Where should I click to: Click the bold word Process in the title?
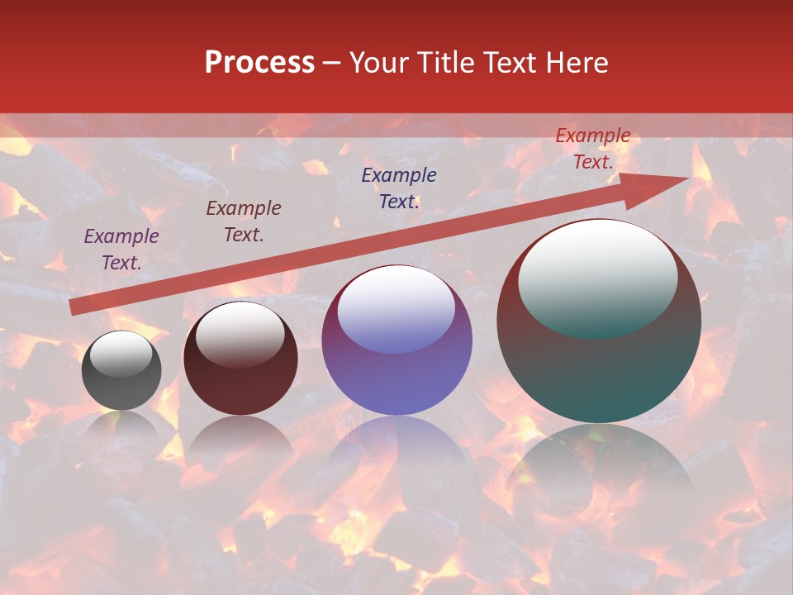(259, 63)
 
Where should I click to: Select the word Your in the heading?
(378, 63)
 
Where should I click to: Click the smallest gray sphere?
(121, 370)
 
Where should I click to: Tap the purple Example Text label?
(121, 250)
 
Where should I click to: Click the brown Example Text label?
(244, 221)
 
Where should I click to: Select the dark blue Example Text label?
(399, 188)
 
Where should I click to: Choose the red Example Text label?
(593, 149)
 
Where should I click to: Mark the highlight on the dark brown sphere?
(240, 334)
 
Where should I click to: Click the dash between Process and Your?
(331, 63)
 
